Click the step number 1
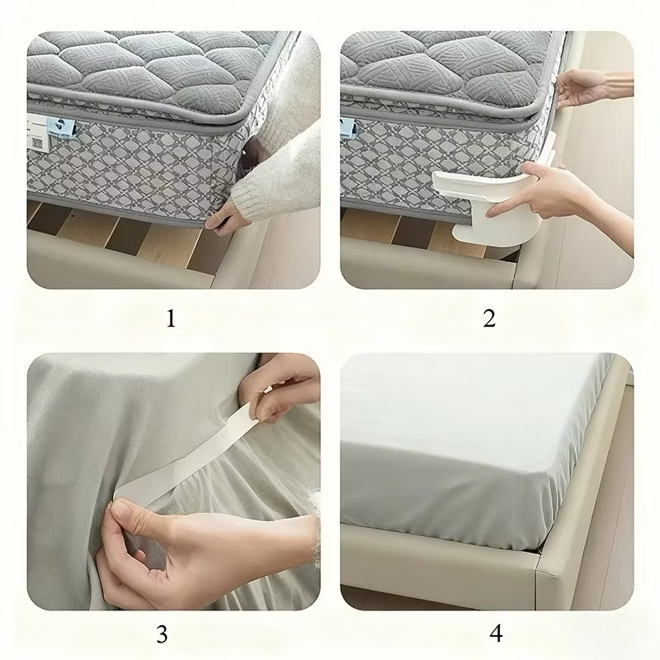(x=171, y=318)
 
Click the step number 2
(x=489, y=318)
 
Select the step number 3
(x=162, y=634)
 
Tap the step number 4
(x=497, y=633)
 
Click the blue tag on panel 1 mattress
(x=61, y=128)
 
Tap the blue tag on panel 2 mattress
(x=347, y=128)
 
